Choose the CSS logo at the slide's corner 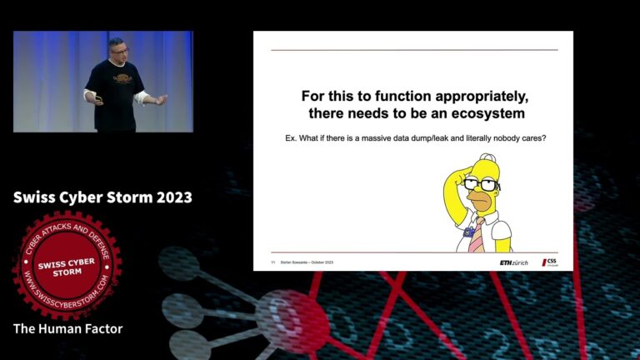point(550,262)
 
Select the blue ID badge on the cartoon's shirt point(468,232)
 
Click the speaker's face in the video point(116,48)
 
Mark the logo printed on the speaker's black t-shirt point(122,80)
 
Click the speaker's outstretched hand point(161,100)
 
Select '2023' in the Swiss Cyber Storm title point(168,197)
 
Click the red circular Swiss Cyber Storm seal point(67,264)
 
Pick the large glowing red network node point(288,320)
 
